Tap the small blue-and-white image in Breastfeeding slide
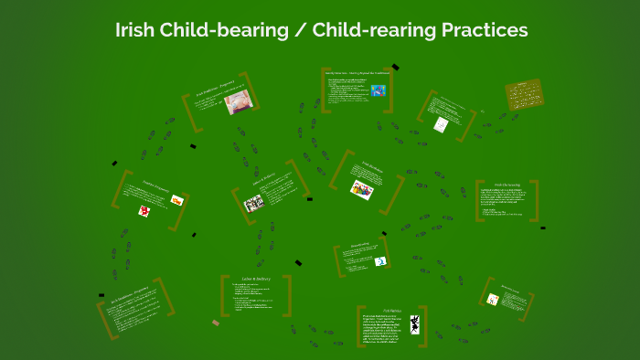(x=379, y=261)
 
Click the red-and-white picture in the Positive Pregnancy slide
(x=144, y=211)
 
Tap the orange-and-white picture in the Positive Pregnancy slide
(x=176, y=200)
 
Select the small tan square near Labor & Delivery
(x=216, y=323)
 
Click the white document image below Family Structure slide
(x=442, y=124)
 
